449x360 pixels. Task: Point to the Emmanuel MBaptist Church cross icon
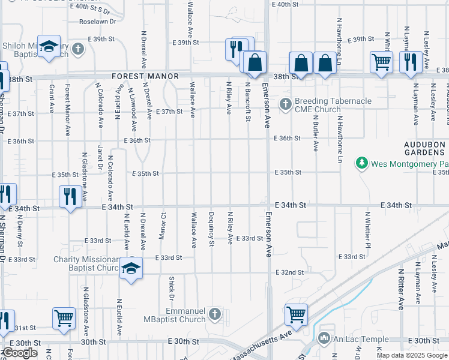tap(215, 314)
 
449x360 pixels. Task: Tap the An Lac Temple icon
tap(325, 338)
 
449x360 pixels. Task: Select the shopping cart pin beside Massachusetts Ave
tap(296, 314)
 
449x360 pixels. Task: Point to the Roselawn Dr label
tap(98, 22)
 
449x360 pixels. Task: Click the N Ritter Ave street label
tap(400, 289)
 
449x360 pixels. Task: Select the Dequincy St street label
tap(211, 229)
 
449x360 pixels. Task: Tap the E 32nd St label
tap(289, 272)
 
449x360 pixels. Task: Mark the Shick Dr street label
tap(171, 289)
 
